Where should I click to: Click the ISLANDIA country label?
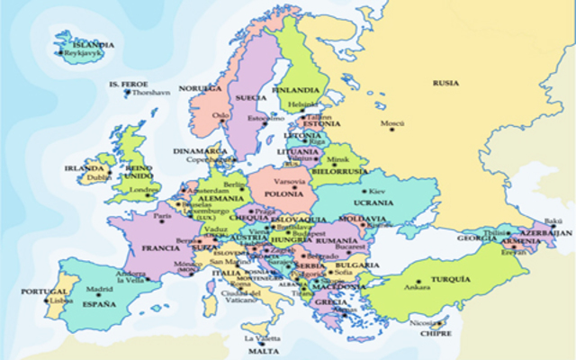pyautogui.click(x=94, y=43)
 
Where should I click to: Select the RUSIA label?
pyautogui.click(x=445, y=83)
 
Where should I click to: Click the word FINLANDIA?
pyautogui.click(x=304, y=90)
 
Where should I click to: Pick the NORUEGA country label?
pyautogui.click(x=199, y=89)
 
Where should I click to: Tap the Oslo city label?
pyautogui.click(x=220, y=115)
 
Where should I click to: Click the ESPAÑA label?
pyautogui.click(x=102, y=305)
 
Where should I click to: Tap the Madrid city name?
pyautogui.click(x=100, y=290)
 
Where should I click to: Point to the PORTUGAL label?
pyautogui.click(x=42, y=292)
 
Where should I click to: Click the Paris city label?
pyautogui.click(x=162, y=216)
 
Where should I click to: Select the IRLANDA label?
pyautogui.click(x=80, y=167)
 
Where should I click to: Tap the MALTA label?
pyautogui.click(x=256, y=352)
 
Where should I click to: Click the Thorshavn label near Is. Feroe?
pyautogui.click(x=151, y=93)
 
